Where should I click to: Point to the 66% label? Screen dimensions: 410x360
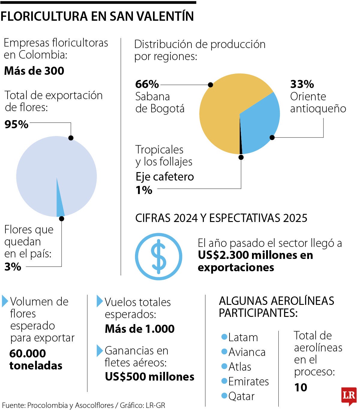[147, 84]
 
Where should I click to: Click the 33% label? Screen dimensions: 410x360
[302, 84]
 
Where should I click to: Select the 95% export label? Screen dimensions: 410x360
[16, 124]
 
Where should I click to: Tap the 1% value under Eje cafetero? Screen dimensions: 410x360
[144, 190]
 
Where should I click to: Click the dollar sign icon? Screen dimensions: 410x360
[158, 257]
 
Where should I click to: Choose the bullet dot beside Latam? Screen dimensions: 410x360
[224, 337]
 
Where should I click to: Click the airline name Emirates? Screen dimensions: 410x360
[248, 381]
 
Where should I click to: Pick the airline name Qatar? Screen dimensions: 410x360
[241, 396]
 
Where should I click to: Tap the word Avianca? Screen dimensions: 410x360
[247, 352]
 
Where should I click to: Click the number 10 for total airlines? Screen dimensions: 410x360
[301, 387]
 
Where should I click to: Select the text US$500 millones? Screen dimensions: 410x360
[149, 377]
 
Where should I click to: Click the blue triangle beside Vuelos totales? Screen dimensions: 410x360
[100, 301]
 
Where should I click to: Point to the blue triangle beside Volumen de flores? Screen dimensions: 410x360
[5, 301]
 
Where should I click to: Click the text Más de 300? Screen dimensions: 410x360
[34, 71]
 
